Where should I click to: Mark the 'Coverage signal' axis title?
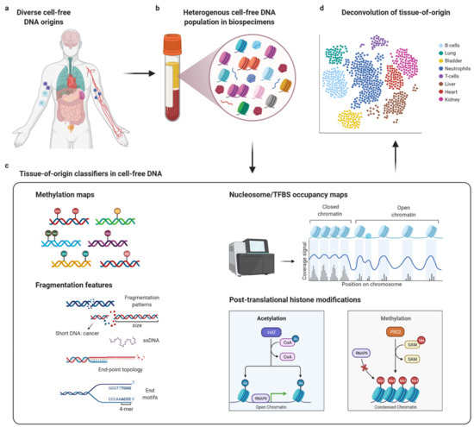[x=302, y=251]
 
